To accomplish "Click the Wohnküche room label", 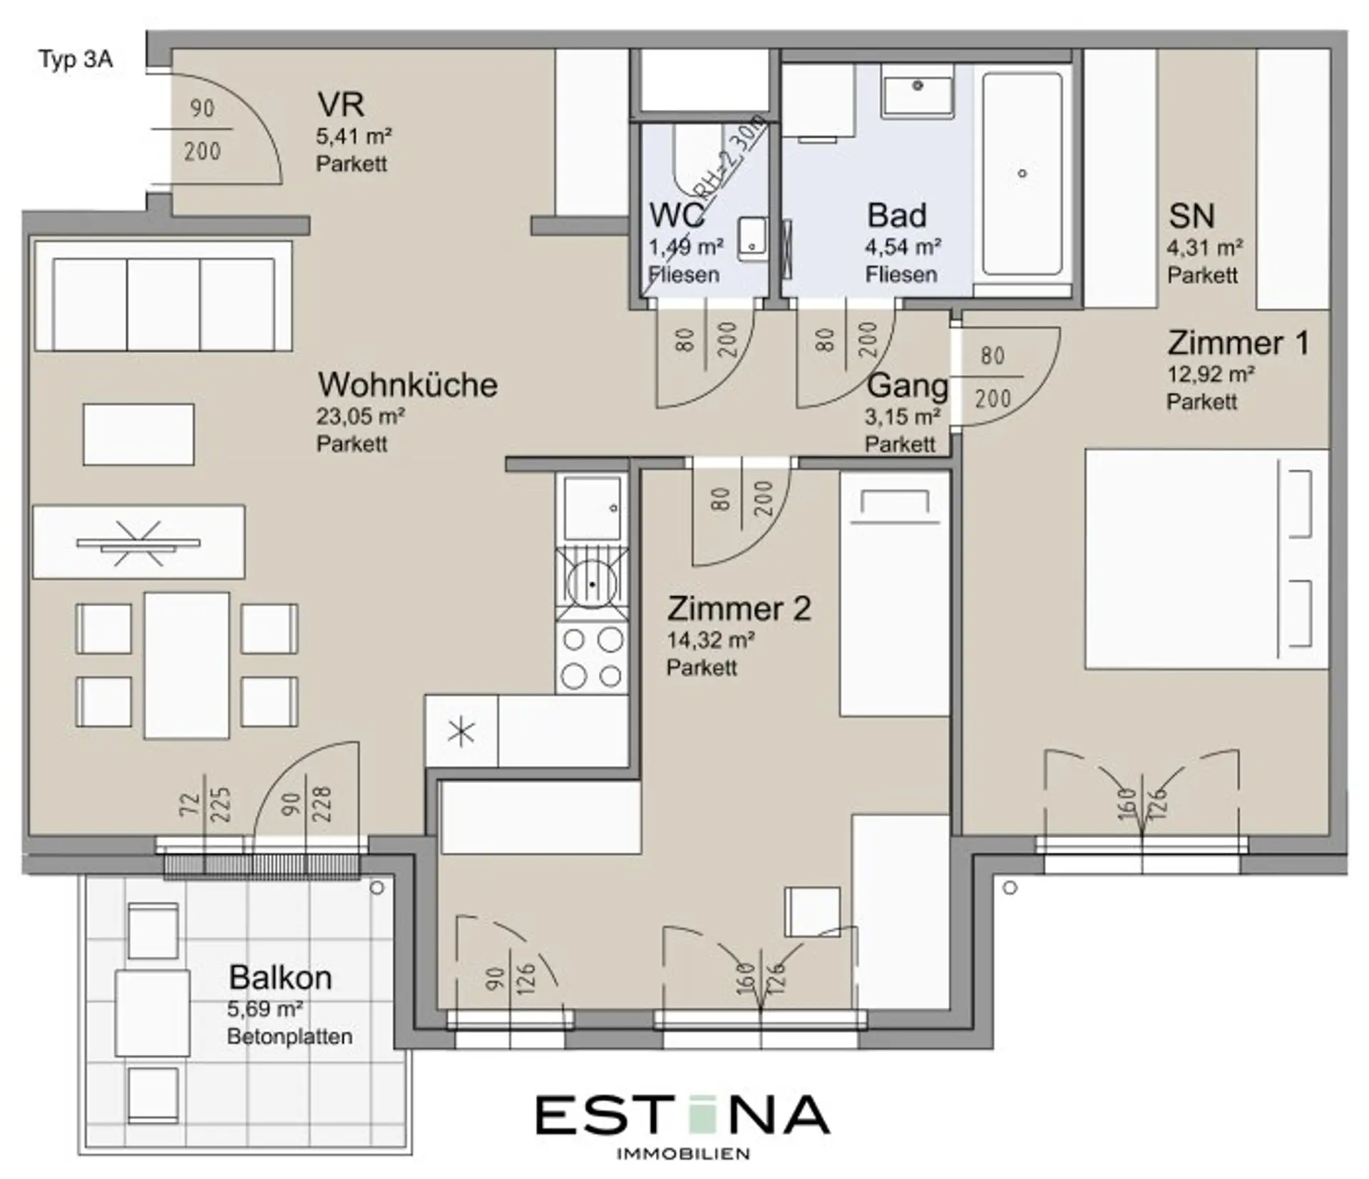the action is pyautogui.click(x=408, y=385).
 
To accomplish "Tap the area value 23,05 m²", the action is pyautogui.click(x=361, y=417).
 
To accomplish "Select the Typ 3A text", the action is pyautogui.click(x=76, y=59).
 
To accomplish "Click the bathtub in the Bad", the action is pyautogui.click(x=1022, y=173).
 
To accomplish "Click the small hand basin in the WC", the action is pyautogui.click(x=752, y=238).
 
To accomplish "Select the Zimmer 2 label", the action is pyautogui.click(x=739, y=609).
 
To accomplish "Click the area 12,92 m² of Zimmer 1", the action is pyautogui.click(x=1211, y=374).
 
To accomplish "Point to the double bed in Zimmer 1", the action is pyautogui.click(x=1206, y=558).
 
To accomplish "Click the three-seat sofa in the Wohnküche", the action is pyautogui.click(x=163, y=296).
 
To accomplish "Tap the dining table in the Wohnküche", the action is pyautogui.click(x=187, y=665).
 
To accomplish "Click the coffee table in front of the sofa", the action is pyautogui.click(x=138, y=434).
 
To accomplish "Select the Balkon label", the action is pyautogui.click(x=280, y=978).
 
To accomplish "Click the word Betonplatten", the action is pyautogui.click(x=289, y=1036).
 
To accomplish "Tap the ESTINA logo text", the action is pyautogui.click(x=682, y=1115).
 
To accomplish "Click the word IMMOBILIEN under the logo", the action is pyautogui.click(x=682, y=1154).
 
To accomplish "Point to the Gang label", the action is pyautogui.click(x=908, y=387).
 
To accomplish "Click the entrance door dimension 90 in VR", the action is pyautogui.click(x=202, y=108).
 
